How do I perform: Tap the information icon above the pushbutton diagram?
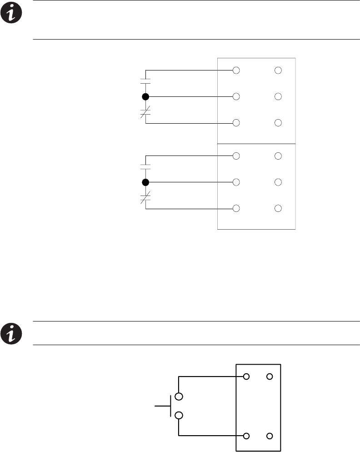click(10, 333)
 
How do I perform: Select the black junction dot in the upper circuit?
click(145, 96)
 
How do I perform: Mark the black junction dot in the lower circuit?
click(145, 182)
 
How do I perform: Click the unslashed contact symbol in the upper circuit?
click(145, 81)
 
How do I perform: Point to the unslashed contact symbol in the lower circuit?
click(145, 167)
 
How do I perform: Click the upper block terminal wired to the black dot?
click(236, 96)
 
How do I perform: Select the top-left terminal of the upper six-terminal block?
click(236, 70)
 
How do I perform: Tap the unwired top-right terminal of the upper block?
click(278, 70)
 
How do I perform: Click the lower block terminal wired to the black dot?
click(236, 182)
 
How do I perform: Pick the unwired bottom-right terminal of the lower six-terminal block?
click(278, 208)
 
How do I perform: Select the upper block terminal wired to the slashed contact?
click(236, 123)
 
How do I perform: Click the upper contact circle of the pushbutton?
click(179, 396)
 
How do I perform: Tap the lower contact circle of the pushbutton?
click(179, 416)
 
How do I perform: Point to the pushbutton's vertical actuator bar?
click(171, 406)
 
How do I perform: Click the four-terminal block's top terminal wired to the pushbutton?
click(246, 377)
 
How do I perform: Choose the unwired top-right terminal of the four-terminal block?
click(270, 377)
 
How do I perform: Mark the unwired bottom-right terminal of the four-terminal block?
click(270, 436)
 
